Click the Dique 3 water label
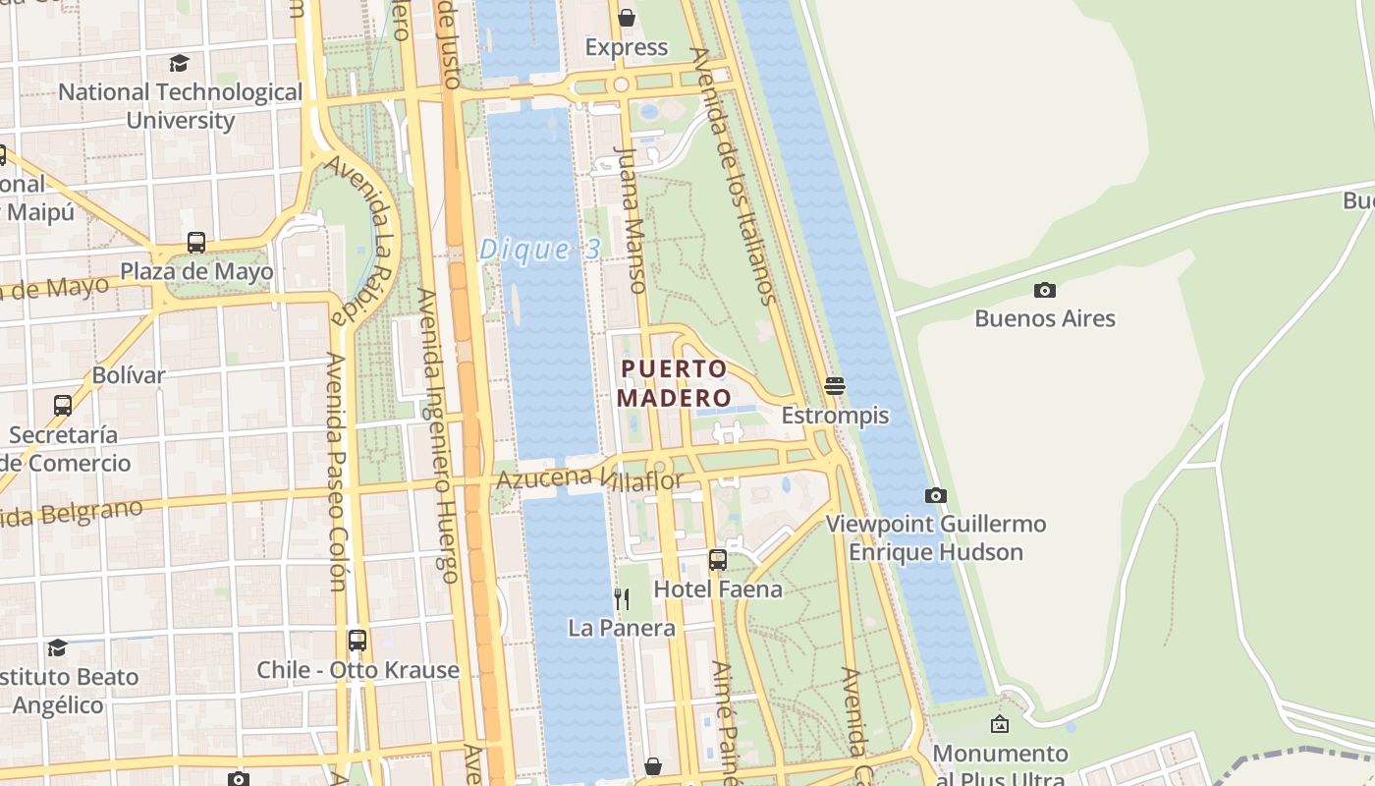539,250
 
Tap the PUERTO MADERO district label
675,383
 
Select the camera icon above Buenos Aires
1045,290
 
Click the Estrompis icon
835,386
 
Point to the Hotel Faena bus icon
718,560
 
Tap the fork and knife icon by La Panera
622,598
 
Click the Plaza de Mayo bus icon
196,242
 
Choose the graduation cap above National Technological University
179,64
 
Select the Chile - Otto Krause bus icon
357,641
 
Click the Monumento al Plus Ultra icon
1000,725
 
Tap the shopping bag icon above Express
627,18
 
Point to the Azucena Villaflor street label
589,480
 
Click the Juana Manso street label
631,220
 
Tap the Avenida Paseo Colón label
335,472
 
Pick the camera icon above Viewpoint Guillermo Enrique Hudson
936,495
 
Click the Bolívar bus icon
63,405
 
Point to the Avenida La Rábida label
360,240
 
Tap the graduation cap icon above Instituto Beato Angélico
58,647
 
